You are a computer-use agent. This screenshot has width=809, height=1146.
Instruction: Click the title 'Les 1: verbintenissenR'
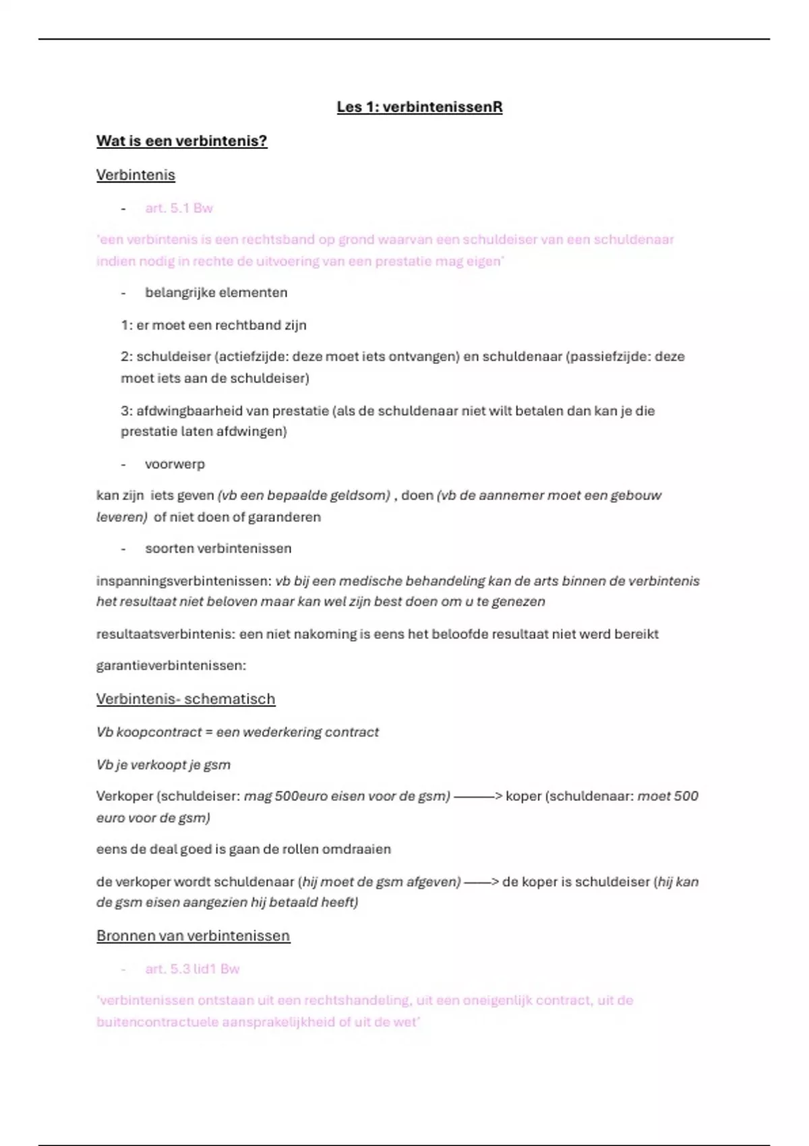coord(419,107)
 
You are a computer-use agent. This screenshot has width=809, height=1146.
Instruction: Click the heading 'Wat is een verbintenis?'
coord(181,141)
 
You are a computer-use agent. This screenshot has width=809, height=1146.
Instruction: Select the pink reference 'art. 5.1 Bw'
coord(179,208)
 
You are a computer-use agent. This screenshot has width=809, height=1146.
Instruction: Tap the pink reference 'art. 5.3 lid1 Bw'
coord(192,969)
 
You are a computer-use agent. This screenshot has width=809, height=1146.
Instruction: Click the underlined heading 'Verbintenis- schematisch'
coord(185,699)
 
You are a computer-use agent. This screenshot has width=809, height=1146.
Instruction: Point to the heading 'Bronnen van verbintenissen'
coord(193,936)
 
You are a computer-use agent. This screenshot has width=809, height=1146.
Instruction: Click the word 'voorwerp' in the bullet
coord(175,464)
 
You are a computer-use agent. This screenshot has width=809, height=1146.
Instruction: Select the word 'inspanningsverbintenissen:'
coord(183,581)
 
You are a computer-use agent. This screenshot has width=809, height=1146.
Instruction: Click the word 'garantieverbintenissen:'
coord(171,666)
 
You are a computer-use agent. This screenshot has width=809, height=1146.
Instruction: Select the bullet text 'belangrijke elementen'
coord(216,293)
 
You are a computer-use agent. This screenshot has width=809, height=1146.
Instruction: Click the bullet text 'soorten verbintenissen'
coord(218,549)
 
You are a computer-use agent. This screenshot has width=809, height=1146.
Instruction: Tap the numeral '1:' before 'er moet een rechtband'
coord(127,326)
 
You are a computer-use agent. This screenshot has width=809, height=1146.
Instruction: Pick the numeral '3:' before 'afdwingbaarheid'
coord(127,411)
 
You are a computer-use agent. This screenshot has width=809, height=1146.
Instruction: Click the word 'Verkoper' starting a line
coord(125,797)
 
